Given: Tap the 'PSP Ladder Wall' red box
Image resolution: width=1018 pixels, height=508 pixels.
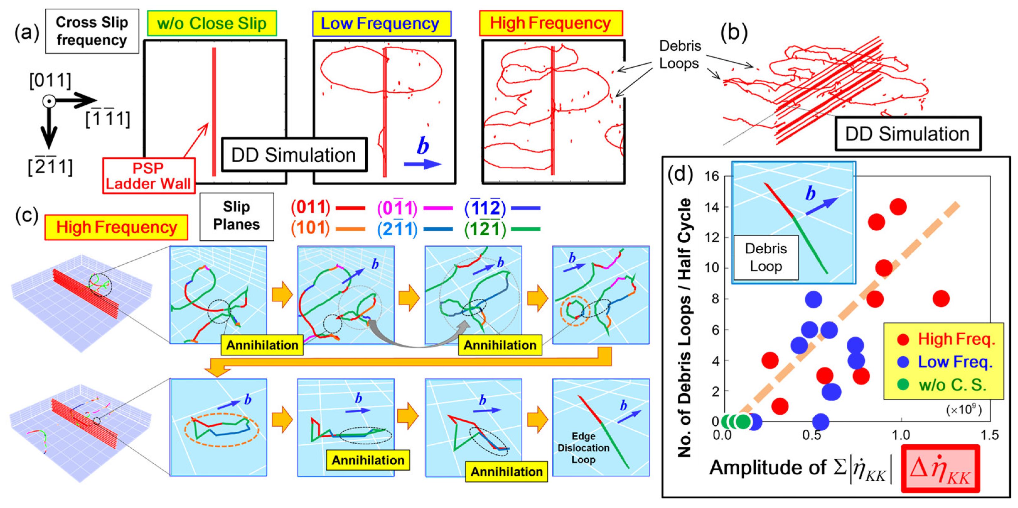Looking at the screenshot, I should click(x=149, y=176).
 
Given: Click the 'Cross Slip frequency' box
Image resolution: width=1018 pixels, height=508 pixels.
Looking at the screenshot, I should click(x=92, y=31).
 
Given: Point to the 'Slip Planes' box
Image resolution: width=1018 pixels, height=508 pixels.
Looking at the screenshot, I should click(x=236, y=216).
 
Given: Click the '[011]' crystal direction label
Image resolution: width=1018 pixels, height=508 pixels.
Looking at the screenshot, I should click(x=50, y=81).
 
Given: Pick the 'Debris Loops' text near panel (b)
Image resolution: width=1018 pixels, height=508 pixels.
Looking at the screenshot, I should click(x=680, y=55).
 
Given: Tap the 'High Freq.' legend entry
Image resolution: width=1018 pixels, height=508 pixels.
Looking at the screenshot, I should click(x=956, y=339).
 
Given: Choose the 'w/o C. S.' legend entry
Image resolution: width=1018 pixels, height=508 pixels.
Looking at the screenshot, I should click(x=952, y=385).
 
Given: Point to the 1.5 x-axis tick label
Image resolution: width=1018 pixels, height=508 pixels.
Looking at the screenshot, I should click(x=989, y=435).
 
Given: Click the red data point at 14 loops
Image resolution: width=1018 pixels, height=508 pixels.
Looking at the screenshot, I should click(x=898, y=206).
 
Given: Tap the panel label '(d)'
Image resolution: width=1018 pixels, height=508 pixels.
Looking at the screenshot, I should click(x=680, y=174).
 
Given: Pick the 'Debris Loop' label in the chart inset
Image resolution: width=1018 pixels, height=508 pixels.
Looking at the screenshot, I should click(x=765, y=257).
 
